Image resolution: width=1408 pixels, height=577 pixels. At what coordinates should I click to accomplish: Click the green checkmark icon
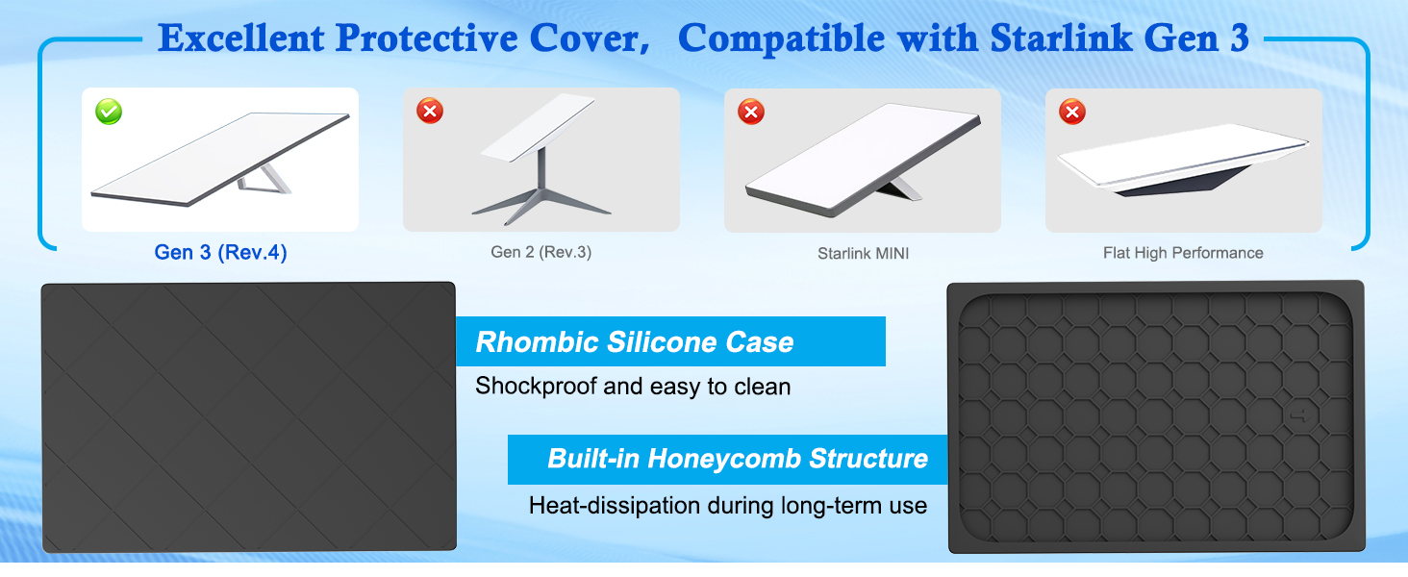109,112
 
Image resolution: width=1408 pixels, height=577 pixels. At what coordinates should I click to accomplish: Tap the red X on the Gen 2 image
430,111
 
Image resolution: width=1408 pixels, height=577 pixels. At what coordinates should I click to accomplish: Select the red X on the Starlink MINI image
751,112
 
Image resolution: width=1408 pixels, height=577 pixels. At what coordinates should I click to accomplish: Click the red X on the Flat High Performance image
1072,112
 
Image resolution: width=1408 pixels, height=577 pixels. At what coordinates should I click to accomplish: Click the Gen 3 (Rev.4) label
220,252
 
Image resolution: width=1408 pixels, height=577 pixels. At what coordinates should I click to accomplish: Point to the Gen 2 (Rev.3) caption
541,252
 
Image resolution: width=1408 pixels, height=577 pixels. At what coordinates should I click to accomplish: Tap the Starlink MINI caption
863,253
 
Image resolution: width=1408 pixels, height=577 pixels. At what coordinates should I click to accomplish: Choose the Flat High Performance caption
1183,253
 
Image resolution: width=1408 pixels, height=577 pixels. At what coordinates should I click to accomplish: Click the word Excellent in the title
241,38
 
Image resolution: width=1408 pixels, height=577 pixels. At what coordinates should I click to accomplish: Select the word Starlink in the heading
1061,38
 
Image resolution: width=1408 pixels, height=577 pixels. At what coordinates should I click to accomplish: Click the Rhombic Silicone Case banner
670,341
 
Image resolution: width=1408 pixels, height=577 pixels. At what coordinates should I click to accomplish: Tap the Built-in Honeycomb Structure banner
727,460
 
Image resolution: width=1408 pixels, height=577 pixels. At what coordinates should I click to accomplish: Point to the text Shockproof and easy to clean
633,386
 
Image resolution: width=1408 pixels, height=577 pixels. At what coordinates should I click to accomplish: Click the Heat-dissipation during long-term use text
728,505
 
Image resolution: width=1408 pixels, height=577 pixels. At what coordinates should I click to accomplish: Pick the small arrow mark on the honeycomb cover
1300,415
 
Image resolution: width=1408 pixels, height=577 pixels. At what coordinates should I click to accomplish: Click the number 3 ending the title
1240,38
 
